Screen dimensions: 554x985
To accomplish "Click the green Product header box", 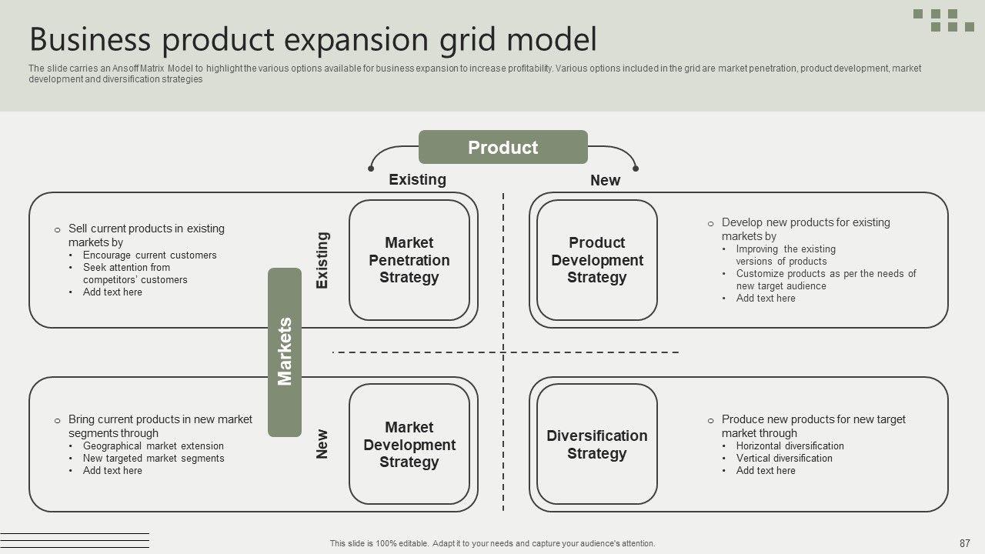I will [503, 147].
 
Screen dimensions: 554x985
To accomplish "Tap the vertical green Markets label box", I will [285, 352].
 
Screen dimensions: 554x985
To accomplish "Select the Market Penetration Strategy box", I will [409, 260].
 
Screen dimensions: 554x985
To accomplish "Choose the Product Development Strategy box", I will [596, 260].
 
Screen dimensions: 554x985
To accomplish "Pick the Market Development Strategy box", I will [409, 445].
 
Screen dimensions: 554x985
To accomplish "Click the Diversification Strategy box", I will [596, 445].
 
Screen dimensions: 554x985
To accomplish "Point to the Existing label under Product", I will [417, 179].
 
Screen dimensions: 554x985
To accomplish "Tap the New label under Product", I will [605, 180].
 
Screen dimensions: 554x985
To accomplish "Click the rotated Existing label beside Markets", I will [322, 260].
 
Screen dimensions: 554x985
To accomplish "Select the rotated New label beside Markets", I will [322, 444].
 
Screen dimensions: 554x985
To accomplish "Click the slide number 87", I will [964, 542].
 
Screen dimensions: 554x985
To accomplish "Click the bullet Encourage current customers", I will [149, 255].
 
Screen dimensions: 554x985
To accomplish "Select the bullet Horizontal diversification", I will [790, 446].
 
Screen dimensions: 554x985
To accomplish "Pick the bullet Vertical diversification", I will [784, 458].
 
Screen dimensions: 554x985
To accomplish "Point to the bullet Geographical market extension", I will [153, 446].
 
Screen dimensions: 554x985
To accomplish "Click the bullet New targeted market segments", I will [153, 458].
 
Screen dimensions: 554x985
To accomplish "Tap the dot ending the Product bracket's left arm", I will [372, 168].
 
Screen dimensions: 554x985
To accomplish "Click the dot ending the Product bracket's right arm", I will [636, 168].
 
